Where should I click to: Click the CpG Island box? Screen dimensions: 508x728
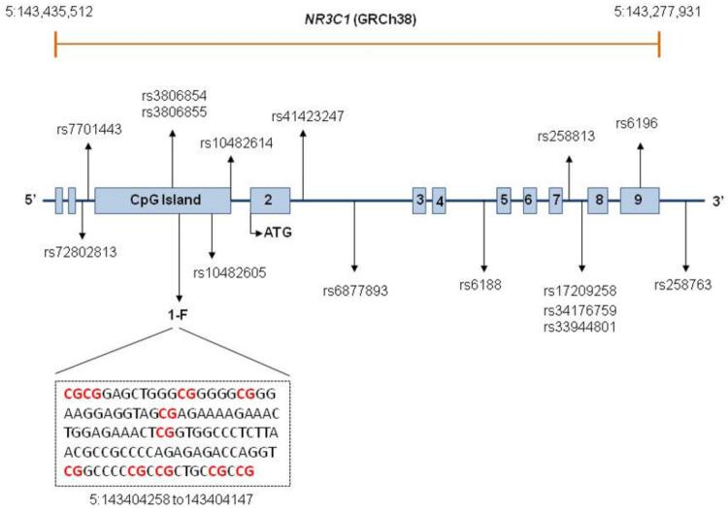[162, 201]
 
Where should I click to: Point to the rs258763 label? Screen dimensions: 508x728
[686, 285]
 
